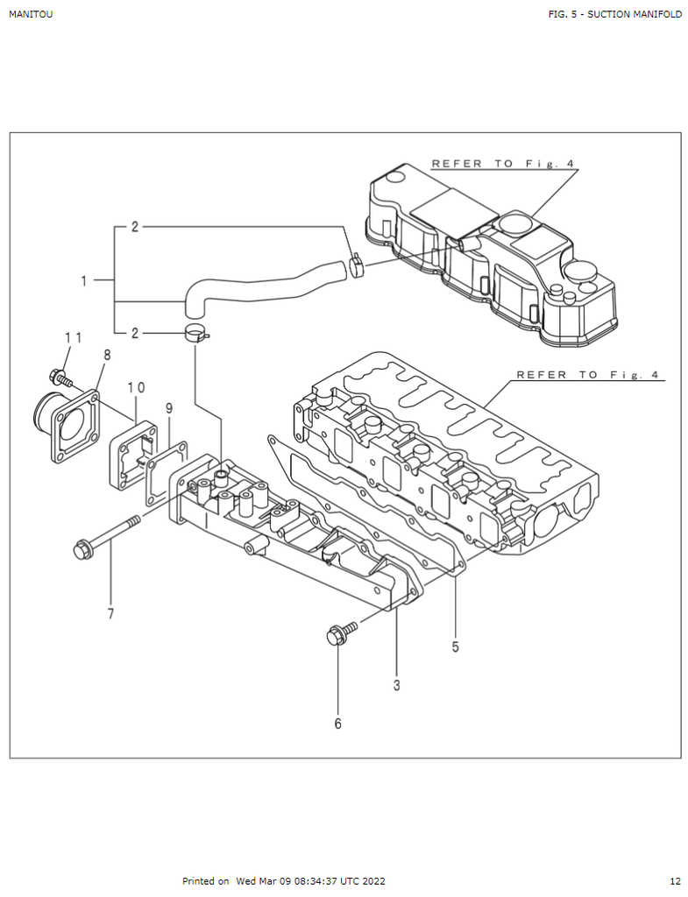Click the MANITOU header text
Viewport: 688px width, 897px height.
pyautogui.click(x=31, y=14)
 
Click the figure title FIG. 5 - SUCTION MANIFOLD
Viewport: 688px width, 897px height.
pyautogui.click(x=614, y=14)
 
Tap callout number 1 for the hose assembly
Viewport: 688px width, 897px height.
pyautogui.click(x=84, y=281)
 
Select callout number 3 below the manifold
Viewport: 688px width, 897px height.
pyautogui.click(x=397, y=685)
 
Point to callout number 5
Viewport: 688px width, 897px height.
pyautogui.click(x=455, y=647)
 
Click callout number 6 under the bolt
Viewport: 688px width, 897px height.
pyautogui.click(x=337, y=724)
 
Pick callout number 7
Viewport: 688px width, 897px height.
pyautogui.click(x=110, y=614)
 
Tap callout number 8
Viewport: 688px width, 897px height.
pyautogui.click(x=107, y=355)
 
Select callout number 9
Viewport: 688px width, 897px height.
pyautogui.click(x=169, y=408)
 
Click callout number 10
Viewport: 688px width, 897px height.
pyautogui.click(x=136, y=387)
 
